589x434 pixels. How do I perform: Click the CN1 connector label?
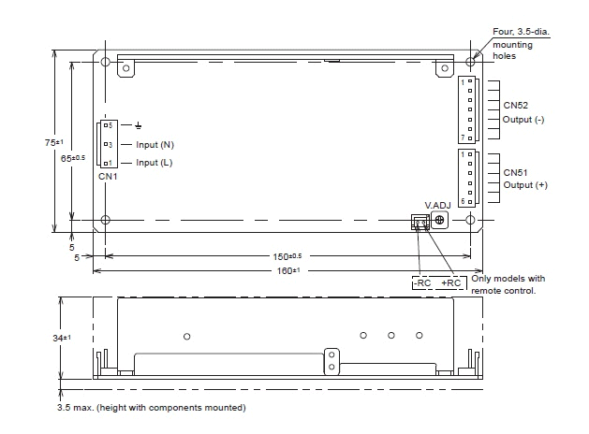108,176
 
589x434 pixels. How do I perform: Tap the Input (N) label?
155,145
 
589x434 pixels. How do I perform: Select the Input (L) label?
154,163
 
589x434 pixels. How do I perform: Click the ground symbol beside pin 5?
139,125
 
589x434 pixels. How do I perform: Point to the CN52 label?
515,106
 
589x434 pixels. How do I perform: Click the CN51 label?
515,172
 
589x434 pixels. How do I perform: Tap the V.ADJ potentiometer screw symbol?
439,220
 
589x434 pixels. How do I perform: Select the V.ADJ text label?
437,206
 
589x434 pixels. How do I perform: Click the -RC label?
422,282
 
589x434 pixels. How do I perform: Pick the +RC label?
450,282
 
